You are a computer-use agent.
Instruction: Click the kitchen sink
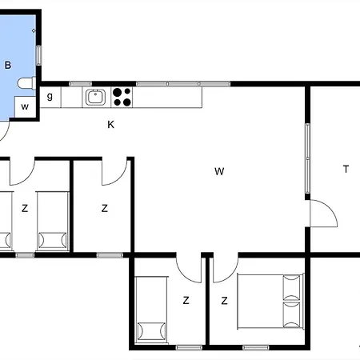click(x=95, y=97)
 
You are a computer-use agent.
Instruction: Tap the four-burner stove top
click(x=122, y=97)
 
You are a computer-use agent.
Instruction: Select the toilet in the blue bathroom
click(x=26, y=83)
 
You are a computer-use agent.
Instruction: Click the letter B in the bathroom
click(x=8, y=65)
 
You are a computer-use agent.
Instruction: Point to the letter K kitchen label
click(x=111, y=125)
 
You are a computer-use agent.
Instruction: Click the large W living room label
click(x=219, y=171)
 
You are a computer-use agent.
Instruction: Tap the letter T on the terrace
click(x=346, y=169)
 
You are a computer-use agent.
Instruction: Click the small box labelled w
click(x=25, y=106)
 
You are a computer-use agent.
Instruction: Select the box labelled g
click(x=50, y=97)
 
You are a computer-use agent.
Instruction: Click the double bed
click(x=270, y=302)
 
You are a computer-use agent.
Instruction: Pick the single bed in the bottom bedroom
click(x=151, y=310)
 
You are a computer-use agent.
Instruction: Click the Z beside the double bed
click(x=224, y=301)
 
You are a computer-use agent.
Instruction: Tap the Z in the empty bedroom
click(x=105, y=208)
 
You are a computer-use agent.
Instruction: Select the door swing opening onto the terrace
click(x=324, y=214)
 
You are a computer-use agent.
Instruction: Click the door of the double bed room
click(x=226, y=268)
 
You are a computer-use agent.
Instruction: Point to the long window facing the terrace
click(x=307, y=158)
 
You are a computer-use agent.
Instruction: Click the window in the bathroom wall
click(x=38, y=55)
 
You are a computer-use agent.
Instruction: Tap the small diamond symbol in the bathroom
click(x=34, y=30)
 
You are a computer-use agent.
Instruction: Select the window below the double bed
click(x=256, y=347)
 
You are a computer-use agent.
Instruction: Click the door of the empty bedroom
click(x=114, y=171)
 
